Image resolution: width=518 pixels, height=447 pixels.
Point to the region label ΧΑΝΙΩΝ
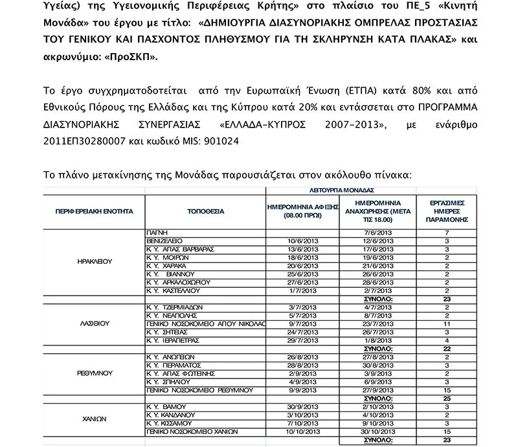coord(94,419)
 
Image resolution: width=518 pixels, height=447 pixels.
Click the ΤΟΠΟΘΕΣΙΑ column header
coord(205,211)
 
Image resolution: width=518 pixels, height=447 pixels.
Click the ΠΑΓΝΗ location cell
coord(158,232)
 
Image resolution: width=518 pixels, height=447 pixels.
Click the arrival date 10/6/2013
coord(303,240)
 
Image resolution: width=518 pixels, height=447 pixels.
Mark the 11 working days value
coord(447,323)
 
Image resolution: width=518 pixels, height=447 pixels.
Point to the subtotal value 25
coord(447,398)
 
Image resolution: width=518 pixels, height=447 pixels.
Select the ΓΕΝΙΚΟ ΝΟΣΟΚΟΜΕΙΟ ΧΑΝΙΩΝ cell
coord(192,431)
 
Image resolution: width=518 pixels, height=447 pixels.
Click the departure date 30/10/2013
coord(379,431)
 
